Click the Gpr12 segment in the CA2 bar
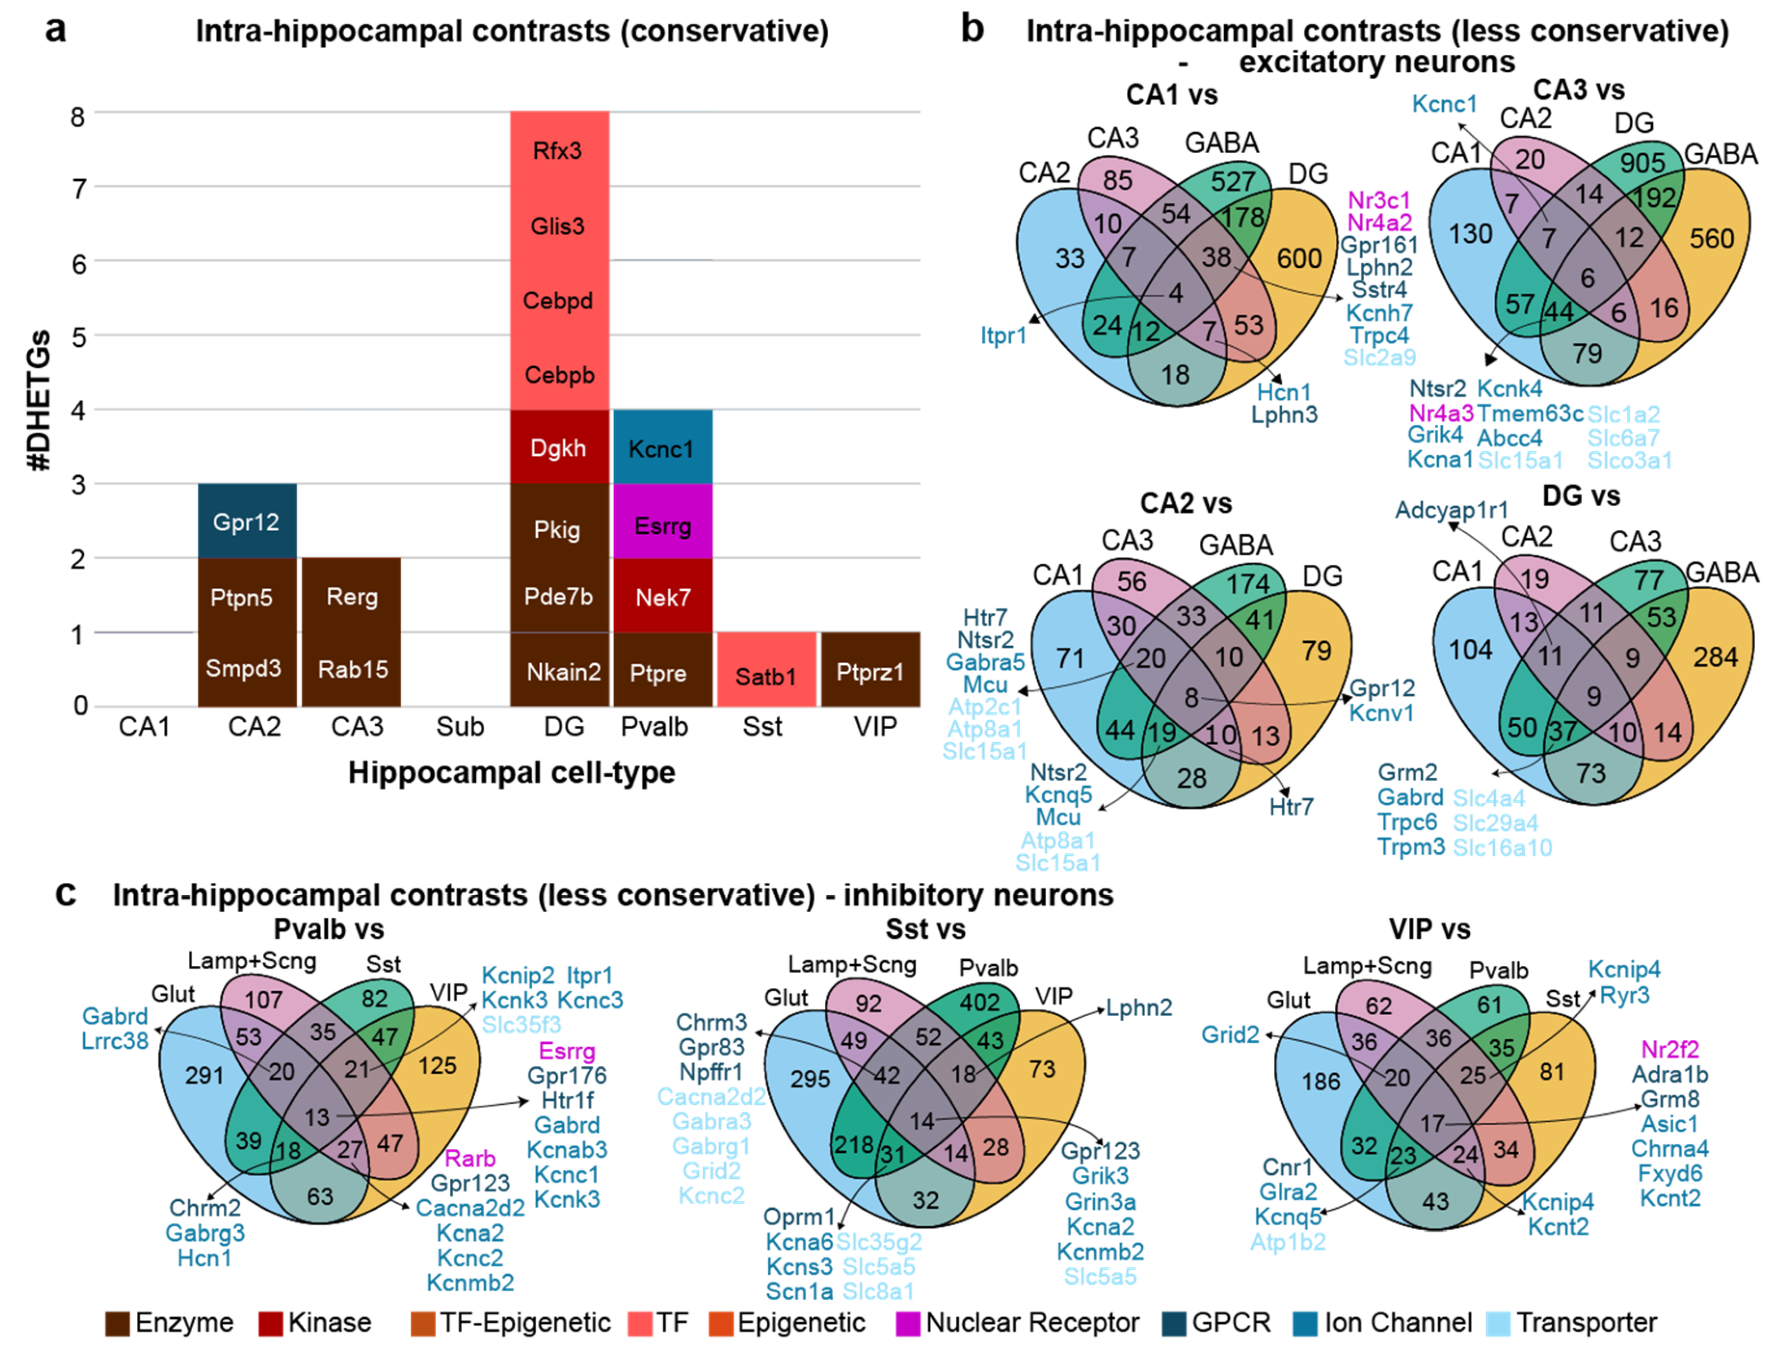[x=246, y=521]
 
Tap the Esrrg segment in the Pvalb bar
[x=662, y=525]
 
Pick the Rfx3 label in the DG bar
[x=558, y=151]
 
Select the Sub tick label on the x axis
[x=460, y=727]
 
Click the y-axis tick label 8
[x=78, y=117]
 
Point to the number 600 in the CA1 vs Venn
[x=1299, y=258]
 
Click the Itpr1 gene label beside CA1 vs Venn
[x=1003, y=335]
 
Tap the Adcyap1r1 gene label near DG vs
[x=1451, y=510]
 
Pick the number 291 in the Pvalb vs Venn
[x=204, y=1075]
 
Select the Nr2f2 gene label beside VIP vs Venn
[x=1670, y=1049]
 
